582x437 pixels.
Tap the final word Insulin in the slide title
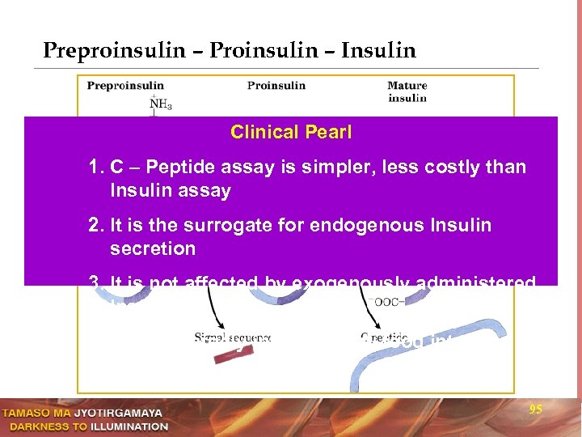tap(378, 51)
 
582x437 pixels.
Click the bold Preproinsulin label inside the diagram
tap(125, 86)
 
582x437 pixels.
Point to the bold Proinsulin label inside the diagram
tap(276, 86)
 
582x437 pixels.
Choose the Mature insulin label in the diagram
tap(407, 91)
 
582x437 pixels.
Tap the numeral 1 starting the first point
tap(95, 168)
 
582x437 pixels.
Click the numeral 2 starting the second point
tap(95, 225)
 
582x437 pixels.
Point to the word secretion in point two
tap(153, 248)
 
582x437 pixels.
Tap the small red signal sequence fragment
tap(230, 355)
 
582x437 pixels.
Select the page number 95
tap(535, 410)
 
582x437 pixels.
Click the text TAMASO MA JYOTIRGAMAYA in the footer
tap(84, 413)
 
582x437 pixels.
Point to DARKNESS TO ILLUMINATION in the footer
tap(84, 426)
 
